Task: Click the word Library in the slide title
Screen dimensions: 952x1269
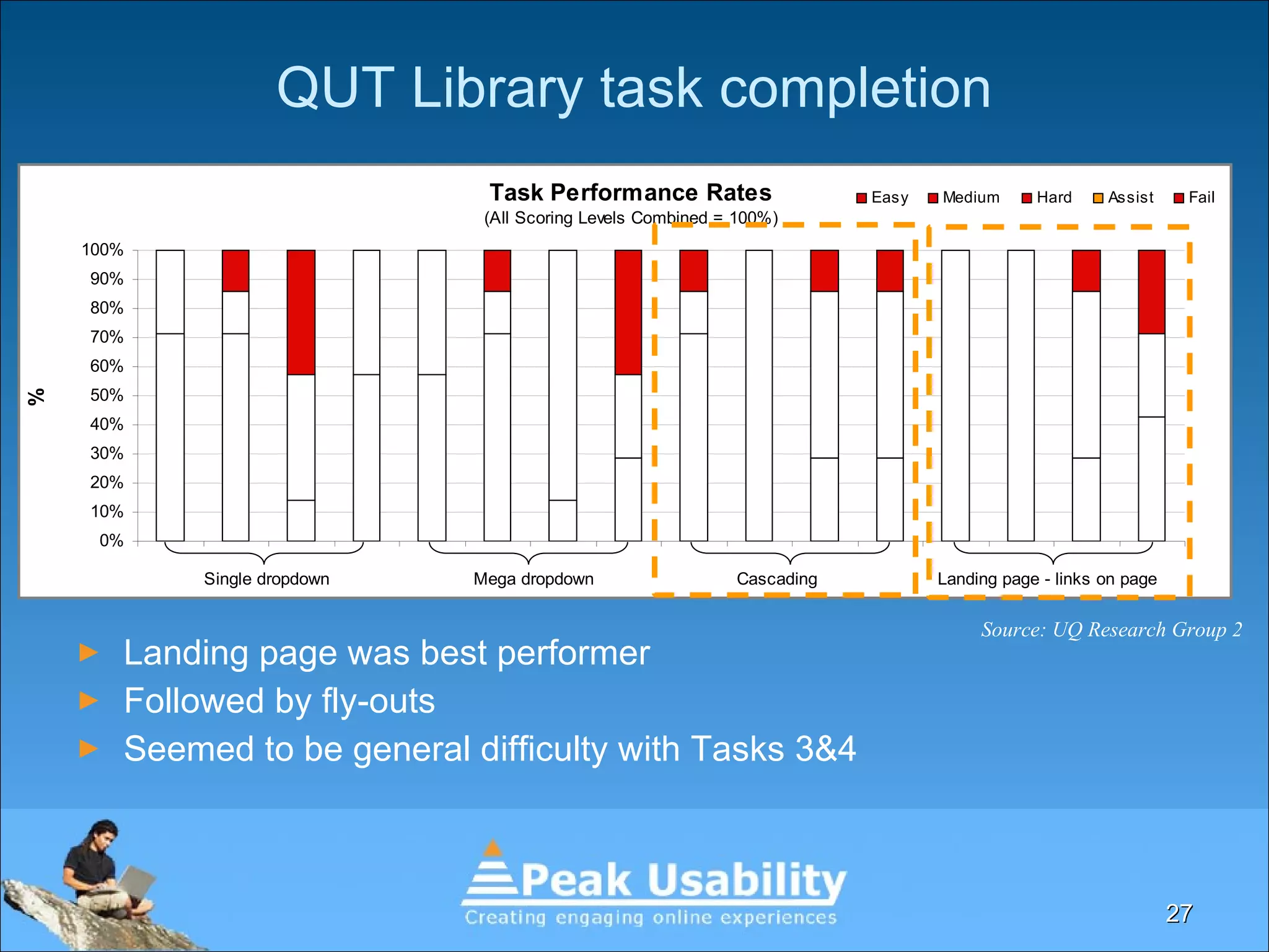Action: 496,89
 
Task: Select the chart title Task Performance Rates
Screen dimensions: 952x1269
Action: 630,193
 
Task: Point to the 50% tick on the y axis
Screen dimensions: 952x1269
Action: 107,395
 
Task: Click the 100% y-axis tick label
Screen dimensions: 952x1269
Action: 102,250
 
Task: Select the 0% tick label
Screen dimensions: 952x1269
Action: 111,540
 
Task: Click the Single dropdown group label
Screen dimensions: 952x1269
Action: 266,579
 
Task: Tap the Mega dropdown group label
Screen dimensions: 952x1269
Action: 534,579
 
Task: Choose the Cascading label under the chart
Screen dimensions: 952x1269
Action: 776,579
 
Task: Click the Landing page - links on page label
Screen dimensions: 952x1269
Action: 1047,579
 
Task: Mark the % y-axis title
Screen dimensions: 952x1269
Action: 37,397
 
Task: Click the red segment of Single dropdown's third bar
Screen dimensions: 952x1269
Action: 301,312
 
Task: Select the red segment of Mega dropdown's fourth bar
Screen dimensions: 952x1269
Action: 628,312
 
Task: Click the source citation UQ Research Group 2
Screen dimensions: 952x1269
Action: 1111,630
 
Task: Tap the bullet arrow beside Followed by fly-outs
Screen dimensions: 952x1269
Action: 89,701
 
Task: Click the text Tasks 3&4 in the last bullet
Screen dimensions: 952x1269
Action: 773,749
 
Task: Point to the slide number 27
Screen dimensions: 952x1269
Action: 1179,914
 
